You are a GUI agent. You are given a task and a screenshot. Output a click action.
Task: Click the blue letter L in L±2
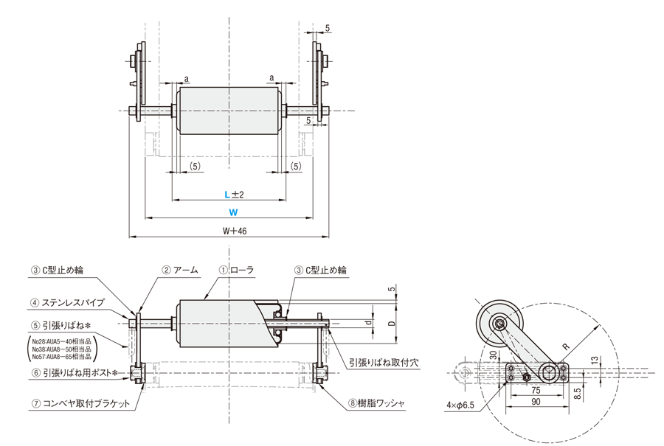[x=229, y=194]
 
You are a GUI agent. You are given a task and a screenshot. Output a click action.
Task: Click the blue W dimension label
[x=232, y=212]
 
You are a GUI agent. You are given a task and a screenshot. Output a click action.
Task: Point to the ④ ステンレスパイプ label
[x=67, y=302]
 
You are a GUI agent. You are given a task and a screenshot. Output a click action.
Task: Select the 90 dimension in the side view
[x=536, y=402]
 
